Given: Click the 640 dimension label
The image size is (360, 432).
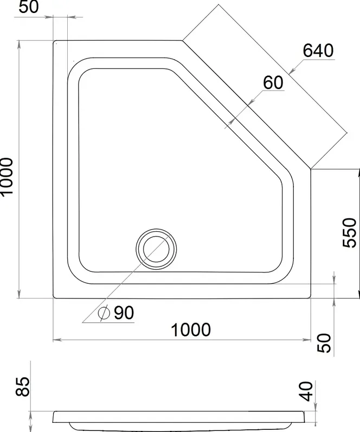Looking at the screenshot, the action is (x=318, y=50).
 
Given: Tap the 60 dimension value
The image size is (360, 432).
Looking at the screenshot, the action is (x=273, y=82).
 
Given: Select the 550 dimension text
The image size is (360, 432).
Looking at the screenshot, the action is (x=349, y=233).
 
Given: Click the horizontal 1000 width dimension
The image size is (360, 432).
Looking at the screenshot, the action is (x=191, y=330).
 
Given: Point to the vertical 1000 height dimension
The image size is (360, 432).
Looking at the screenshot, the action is (x=6, y=176).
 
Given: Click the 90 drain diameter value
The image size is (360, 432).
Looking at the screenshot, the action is (x=124, y=313).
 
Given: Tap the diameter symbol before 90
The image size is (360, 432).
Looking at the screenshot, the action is (x=104, y=313).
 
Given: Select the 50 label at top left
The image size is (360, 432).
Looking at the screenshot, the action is (x=29, y=7).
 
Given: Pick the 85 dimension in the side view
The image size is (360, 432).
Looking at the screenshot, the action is (x=22, y=386).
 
